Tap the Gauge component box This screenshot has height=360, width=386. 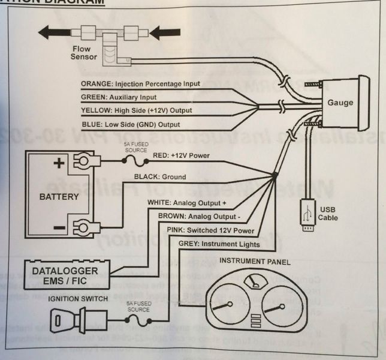coord(340,103)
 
